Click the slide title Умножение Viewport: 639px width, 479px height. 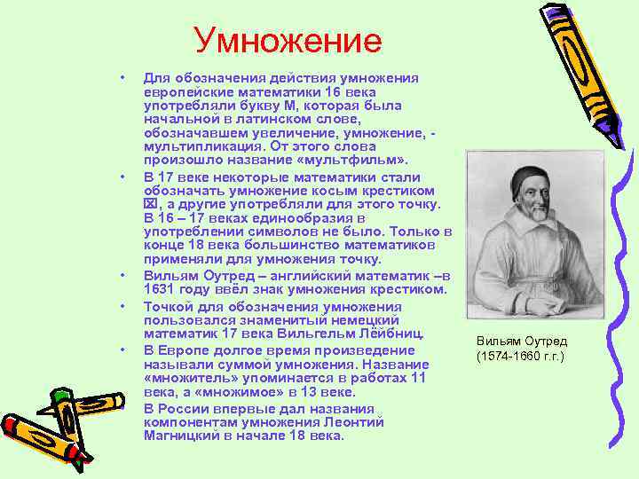pyautogui.click(x=288, y=41)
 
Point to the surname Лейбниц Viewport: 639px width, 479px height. pyautogui.click(x=385, y=334)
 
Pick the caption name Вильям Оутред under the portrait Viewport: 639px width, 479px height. pyautogui.click(x=521, y=342)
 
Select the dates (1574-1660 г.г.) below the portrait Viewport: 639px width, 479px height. pyautogui.click(x=520, y=357)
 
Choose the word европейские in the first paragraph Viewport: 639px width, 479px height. pyautogui.click(x=185, y=91)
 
